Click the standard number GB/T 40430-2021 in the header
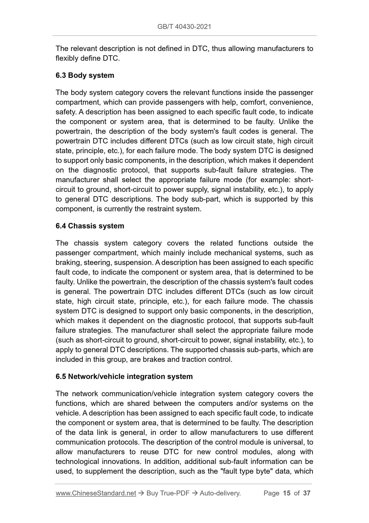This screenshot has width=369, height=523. [x=184, y=27]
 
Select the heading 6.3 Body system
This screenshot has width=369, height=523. [x=85, y=75]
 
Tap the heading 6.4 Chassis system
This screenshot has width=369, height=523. [x=90, y=226]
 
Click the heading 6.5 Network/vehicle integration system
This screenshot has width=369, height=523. [x=124, y=376]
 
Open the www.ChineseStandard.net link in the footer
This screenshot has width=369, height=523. [x=96, y=493]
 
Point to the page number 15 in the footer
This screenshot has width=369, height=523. [x=287, y=493]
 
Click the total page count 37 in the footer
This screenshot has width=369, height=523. [x=306, y=493]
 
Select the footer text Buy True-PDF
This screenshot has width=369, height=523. [x=168, y=493]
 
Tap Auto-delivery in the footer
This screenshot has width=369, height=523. [x=220, y=493]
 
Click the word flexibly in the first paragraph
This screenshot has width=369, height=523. [x=66, y=58]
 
